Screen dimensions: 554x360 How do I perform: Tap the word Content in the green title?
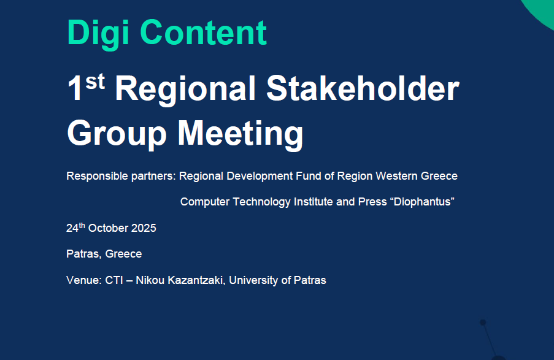click(203, 33)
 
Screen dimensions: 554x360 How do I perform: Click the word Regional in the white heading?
click(185, 90)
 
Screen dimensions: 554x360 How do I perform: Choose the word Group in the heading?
click(117, 134)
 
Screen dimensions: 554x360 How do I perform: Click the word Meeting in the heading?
click(240, 134)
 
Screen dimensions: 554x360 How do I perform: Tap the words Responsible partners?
click(121, 176)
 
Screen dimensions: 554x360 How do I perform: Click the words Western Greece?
click(417, 175)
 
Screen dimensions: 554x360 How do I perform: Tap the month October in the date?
click(108, 228)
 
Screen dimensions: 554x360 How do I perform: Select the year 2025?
click(144, 228)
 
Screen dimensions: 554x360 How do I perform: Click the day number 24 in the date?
click(72, 228)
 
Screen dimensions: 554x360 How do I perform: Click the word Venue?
click(84, 280)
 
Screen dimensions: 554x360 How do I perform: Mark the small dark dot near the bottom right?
click(483, 322)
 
